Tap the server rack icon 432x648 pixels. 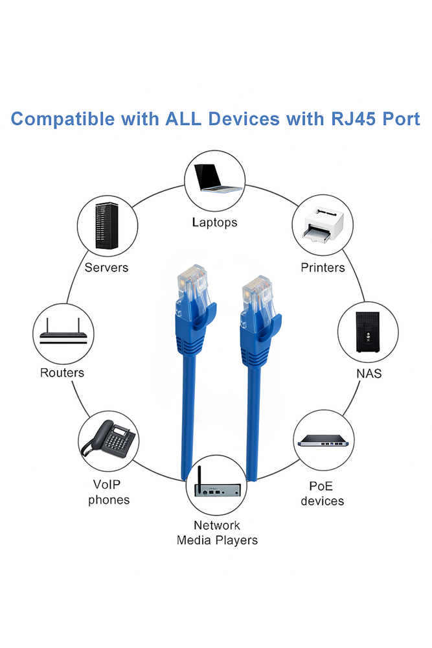tap(107, 227)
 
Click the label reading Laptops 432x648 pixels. tap(214, 222)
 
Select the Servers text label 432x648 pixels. tap(106, 267)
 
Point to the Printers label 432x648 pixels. tap(323, 267)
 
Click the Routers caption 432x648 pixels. tap(62, 373)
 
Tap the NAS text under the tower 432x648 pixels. tap(369, 373)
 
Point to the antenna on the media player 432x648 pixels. tap(198, 475)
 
